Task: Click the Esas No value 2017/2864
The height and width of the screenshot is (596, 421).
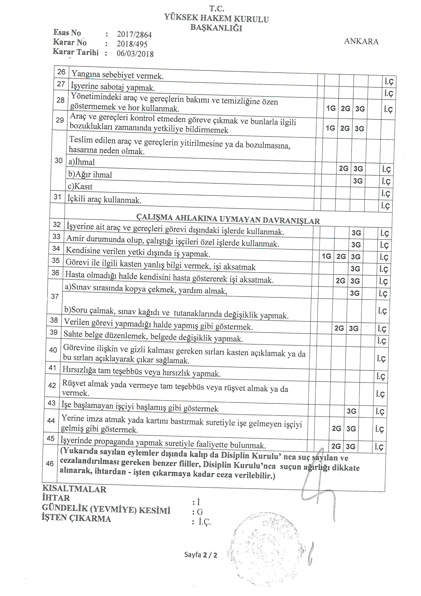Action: (x=134, y=34)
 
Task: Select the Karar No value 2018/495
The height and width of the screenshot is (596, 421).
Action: (x=132, y=44)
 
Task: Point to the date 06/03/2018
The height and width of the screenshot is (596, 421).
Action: (x=135, y=54)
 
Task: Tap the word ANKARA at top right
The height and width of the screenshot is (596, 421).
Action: (x=361, y=41)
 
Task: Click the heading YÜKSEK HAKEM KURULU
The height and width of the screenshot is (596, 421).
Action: (x=216, y=18)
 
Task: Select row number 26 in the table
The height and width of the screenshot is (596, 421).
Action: (x=61, y=72)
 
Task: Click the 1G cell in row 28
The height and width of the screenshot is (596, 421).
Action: (x=331, y=108)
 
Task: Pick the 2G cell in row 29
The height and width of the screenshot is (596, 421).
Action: (x=345, y=128)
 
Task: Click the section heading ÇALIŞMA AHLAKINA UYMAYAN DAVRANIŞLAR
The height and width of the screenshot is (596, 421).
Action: (x=228, y=219)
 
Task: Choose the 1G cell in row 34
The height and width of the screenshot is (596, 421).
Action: (x=326, y=256)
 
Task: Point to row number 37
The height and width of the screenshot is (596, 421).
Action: (x=55, y=296)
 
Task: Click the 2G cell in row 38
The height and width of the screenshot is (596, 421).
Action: (x=339, y=328)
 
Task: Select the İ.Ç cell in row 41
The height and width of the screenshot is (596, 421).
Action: (x=381, y=376)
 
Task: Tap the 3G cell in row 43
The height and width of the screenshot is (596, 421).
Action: (x=351, y=411)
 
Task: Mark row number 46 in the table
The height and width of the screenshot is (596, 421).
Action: (x=50, y=463)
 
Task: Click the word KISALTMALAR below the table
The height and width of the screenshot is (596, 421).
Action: (x=74, y=489)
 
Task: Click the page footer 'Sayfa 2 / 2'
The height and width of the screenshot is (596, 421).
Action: (x=200, y=555)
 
